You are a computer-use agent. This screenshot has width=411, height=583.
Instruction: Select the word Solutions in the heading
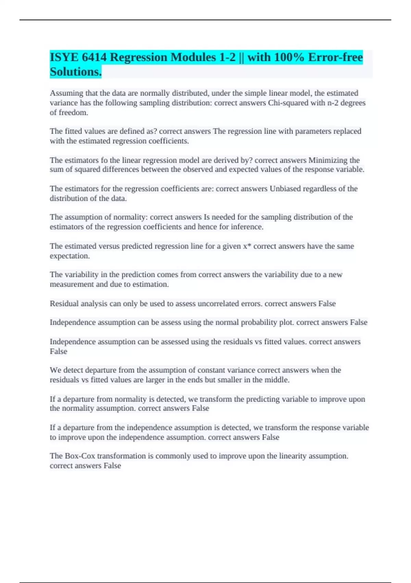pyautogui.click(x=75, y=72)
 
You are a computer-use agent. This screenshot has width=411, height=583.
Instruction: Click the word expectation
pyautogui.click(x=70, y=256)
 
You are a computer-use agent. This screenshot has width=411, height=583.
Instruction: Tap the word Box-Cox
pyautogui.click(x=79, y=456)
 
